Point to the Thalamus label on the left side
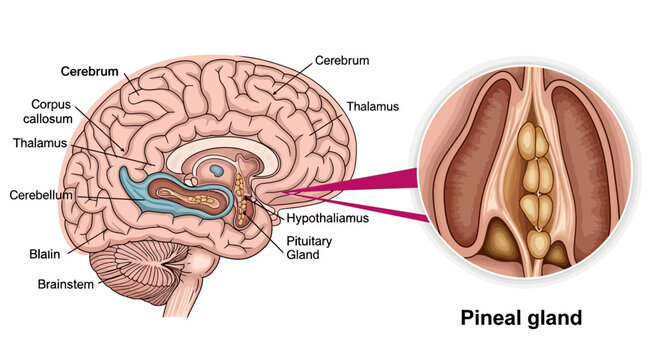tap(41, 143)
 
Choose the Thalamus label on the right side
tap(373, 105)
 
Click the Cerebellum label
tap(41, 194)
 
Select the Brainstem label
tap(66, 284)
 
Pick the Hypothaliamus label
tap(328, 218)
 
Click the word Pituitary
tap(310, 240)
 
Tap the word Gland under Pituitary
tap(302, 255)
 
